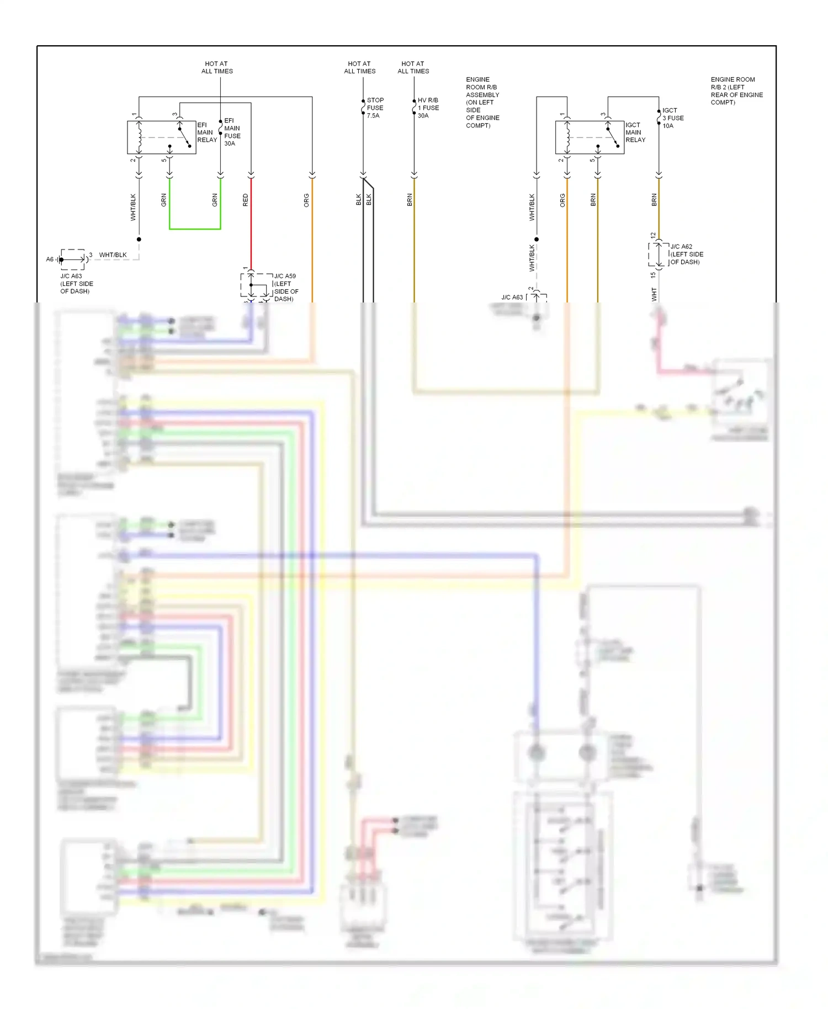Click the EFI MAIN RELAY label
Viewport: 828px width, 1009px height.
[x=207, y=132]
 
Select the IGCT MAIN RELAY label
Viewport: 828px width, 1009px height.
[x=635, y=132]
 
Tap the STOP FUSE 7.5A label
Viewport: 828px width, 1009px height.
[x=375, y=108]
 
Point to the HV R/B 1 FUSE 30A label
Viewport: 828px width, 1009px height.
[x=428, y=108]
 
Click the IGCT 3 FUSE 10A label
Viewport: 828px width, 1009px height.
[x=673, y=118]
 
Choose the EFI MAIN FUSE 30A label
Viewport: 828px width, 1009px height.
[x=232, y=132]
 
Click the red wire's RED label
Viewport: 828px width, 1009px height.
[x=246, y=200]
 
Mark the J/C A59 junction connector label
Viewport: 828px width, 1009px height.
[x=286, y=287]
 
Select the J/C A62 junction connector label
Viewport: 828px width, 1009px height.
[x=686, y=254]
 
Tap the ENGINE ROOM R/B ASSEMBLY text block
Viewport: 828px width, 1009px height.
[x=482, y=103]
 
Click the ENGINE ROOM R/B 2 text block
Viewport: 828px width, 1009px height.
[x=736, y=91]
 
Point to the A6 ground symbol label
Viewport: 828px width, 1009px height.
[x=50, y=259]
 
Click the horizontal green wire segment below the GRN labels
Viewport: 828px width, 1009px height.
[x=195, y=229]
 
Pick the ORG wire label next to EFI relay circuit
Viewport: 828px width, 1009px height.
[x=306, y=200]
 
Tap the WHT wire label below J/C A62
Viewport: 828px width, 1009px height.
[x=654, y=294]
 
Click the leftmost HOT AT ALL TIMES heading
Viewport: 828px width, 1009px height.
[x=217, y=67]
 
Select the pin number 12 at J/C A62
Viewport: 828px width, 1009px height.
[x=653, y=236]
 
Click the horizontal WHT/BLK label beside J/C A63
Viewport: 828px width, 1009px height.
[x=113, y=255]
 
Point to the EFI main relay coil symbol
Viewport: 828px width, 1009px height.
[x=139, y=137]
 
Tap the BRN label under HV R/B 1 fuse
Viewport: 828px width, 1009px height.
[x=410, y=200]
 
